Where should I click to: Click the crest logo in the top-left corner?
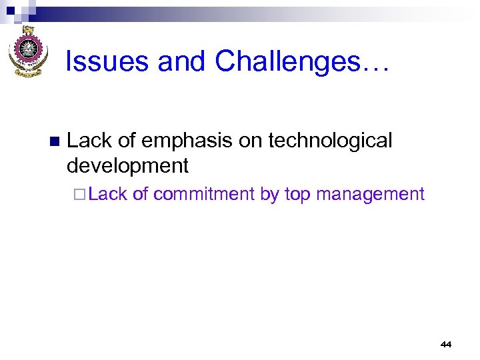(27, 51)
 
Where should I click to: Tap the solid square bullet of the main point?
(54, 141)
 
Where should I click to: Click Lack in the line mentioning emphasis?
(89, 141)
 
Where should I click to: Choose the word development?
(128, 165)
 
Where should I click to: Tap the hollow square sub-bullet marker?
(80, 195)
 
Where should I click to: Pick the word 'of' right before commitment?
(140, 194)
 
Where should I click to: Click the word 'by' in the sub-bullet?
(269, 195)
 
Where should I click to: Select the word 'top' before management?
(298, 195)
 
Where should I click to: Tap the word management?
(370, 195)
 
